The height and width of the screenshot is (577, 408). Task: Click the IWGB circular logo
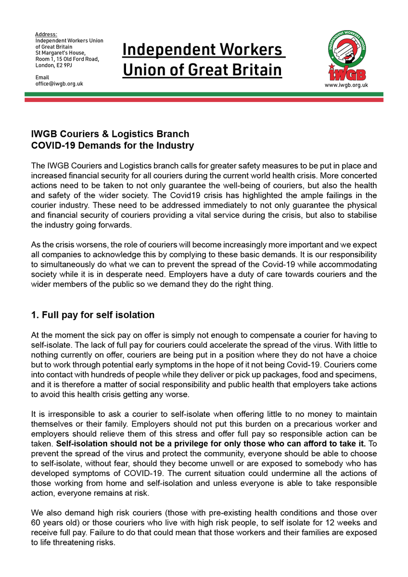[346, 56]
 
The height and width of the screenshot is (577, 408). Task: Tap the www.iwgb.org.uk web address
[346, 85]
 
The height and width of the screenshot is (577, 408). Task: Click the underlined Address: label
[46, 35]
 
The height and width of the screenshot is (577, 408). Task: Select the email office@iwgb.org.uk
[59, 84]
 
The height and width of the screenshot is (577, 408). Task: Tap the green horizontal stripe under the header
[204, 94]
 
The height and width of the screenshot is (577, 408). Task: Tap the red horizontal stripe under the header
[204, 100]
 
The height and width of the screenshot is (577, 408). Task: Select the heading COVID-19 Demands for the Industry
[113, 145]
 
